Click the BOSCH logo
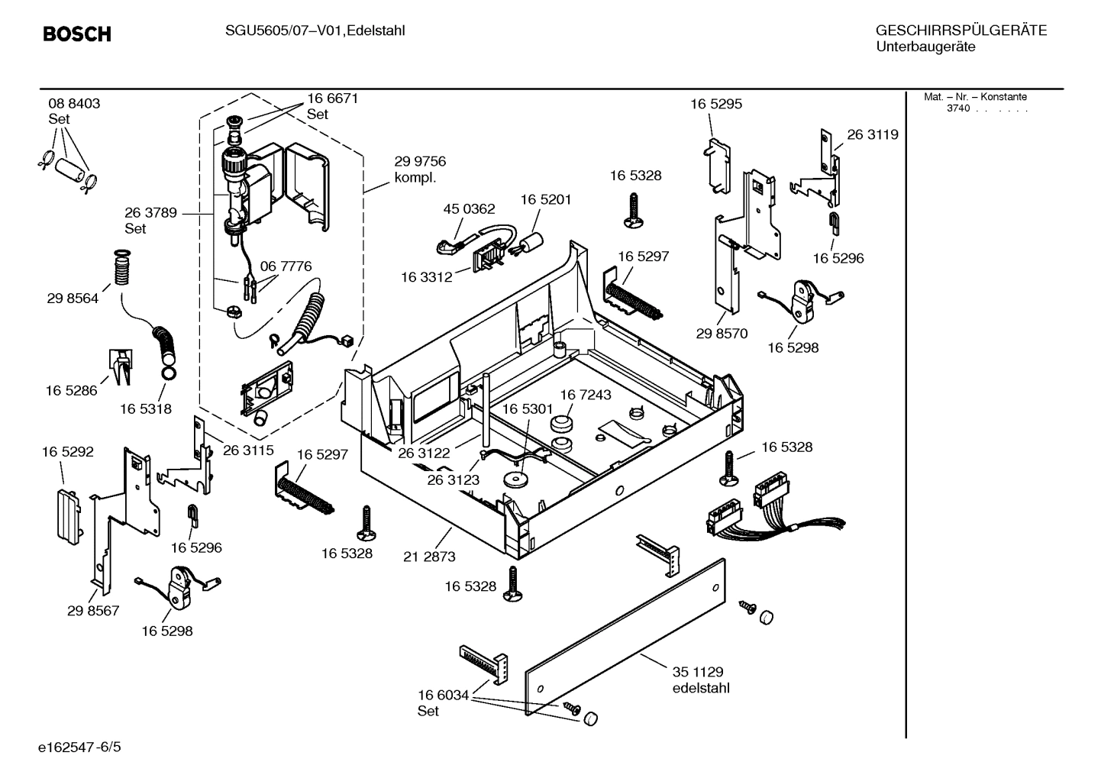point(77,34)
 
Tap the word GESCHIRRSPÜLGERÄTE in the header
point(961,31)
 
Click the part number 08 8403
point(74,104)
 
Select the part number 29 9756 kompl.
point(420,169)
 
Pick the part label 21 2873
point(429,557)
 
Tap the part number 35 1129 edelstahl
point(699,680)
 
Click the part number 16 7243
point(585,395)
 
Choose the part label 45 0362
point(469,208)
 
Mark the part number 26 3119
point(872,134)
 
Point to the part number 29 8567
point(93,611)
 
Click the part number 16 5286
point(71,390)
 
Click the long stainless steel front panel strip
point(626,637)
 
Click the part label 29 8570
point(722,334)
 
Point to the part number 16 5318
point(145,408)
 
